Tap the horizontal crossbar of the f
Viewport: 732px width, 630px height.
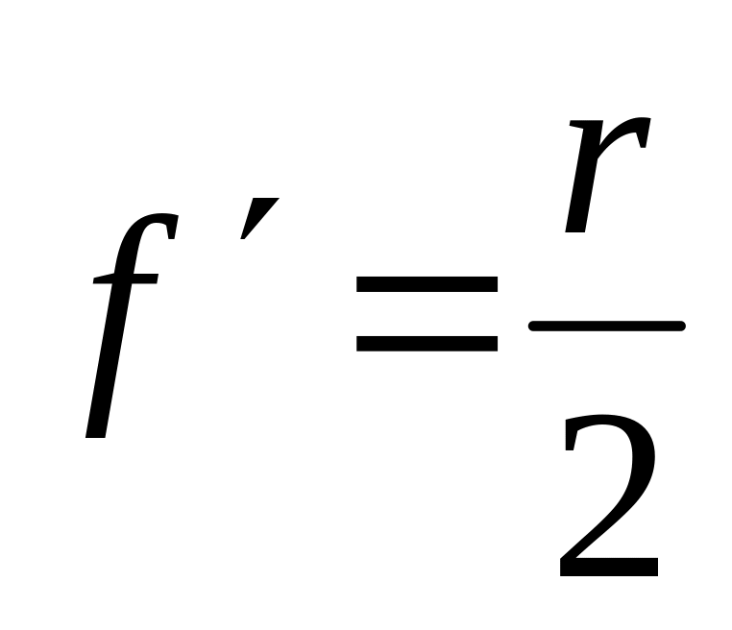pos(125,278)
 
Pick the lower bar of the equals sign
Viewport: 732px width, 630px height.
pos(427,341)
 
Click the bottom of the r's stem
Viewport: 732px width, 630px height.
pos(576,230)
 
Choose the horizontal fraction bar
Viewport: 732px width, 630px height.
pos(606,327)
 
